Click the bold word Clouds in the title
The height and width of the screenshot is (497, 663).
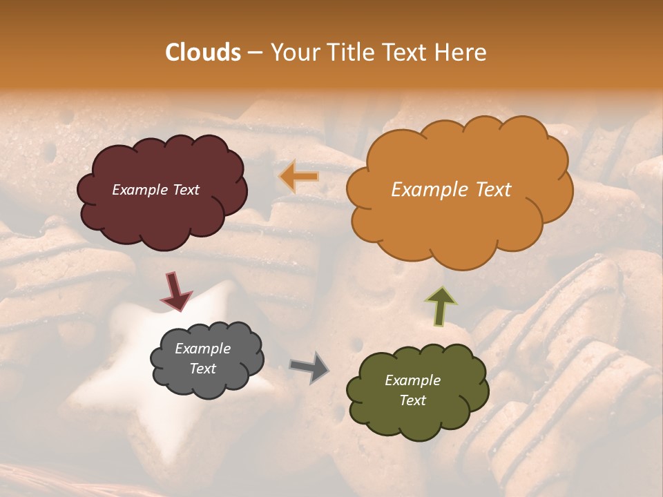203,52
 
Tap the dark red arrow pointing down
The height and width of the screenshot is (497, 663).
175,291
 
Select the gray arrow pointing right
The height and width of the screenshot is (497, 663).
309,367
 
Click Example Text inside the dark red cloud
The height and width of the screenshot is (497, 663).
155,190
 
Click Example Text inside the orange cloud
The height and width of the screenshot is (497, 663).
451,190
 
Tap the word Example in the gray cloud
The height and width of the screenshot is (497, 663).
202,349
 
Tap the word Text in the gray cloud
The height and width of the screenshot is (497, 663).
202,369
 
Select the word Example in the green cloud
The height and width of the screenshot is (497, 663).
412,380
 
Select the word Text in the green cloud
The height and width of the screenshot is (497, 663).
412,400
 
